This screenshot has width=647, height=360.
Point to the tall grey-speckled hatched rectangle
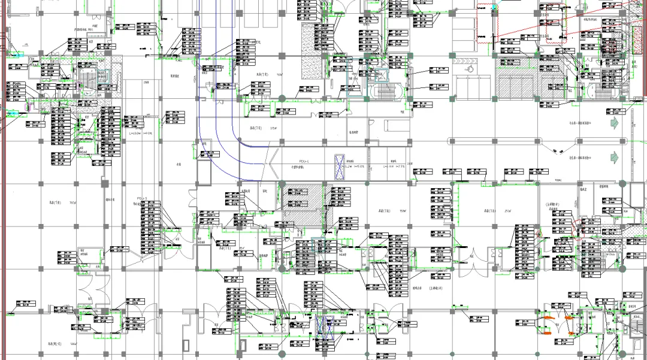click(x=311, y=38)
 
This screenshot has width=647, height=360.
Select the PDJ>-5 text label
click(x=142, y=198)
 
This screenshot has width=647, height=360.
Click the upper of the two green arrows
click(x=613, y=122)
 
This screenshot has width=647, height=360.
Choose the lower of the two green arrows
click(x=613, y=156)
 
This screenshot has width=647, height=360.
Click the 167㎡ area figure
click(x=74, y=203)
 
